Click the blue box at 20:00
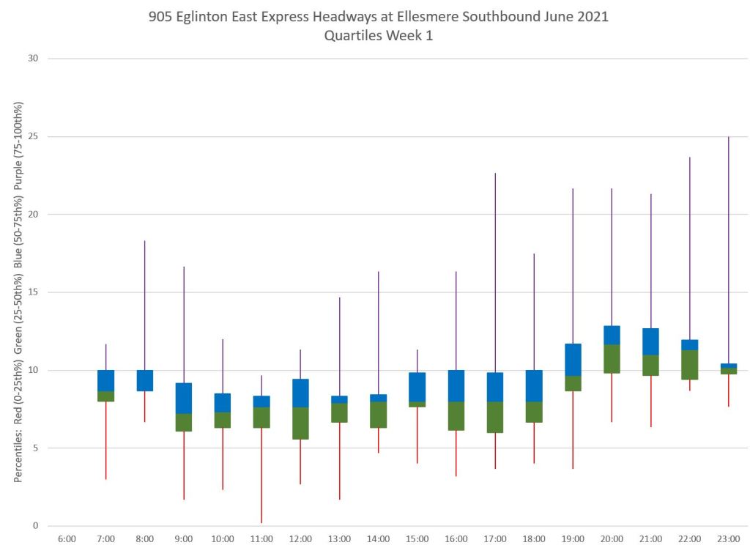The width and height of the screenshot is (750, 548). (x=612, y=335)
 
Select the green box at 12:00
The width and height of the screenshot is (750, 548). (x=300, y=423)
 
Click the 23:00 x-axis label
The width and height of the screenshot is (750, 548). (x=728, y=539)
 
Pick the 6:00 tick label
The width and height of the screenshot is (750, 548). (x=67, y=539)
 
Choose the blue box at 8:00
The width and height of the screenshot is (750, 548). (x=144, y=380)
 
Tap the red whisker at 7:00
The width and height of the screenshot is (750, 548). (x=105, y=440)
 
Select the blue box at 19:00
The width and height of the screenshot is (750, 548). (x=573, y=360)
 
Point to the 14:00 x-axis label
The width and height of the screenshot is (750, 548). (x=378, y=539)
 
